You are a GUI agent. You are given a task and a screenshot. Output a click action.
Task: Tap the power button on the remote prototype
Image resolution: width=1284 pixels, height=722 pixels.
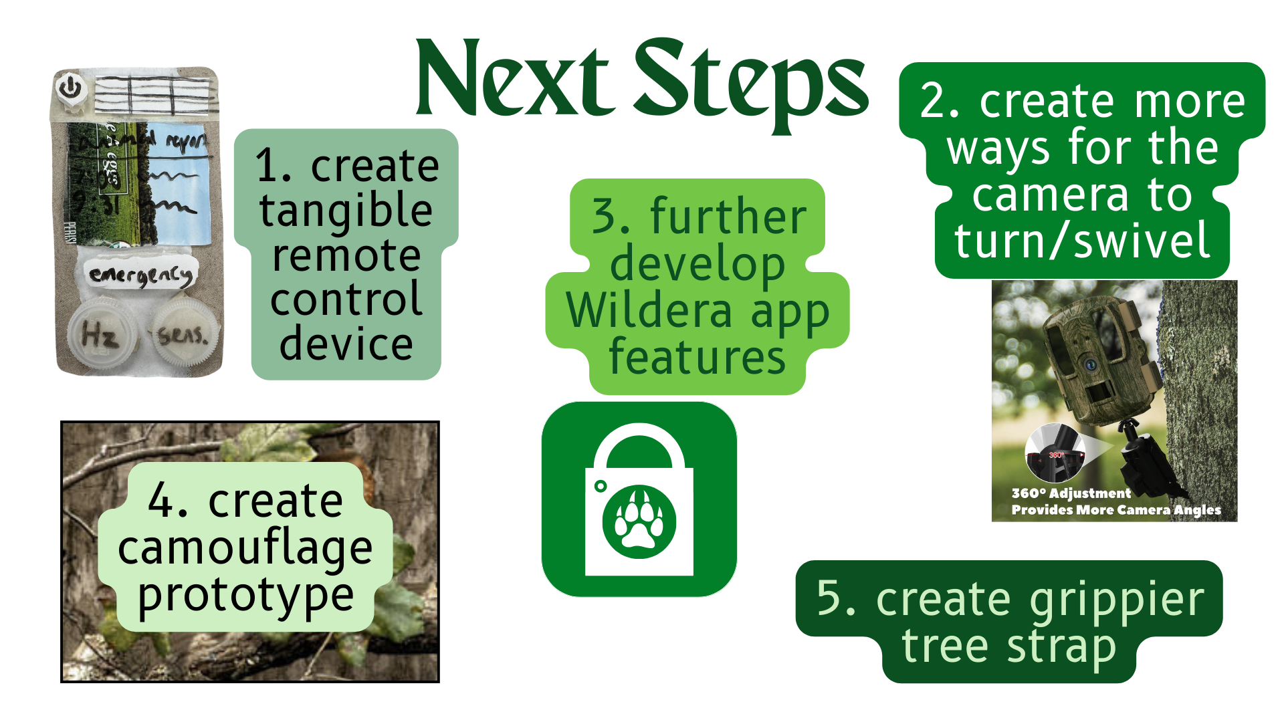(x=70, y=88)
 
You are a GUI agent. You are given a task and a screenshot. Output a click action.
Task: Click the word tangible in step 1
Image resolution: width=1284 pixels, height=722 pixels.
(x=346, y=211)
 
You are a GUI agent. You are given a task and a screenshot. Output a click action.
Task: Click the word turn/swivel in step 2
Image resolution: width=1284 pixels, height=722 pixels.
(x=1081, y=241)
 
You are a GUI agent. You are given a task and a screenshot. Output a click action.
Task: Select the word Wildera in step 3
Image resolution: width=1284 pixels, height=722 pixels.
(x=649, y=311)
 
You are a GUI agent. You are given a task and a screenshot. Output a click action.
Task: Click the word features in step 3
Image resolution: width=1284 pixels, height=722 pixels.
(x=697, y=358)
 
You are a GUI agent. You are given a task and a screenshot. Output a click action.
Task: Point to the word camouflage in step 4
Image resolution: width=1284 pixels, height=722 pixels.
(x=245, y=548)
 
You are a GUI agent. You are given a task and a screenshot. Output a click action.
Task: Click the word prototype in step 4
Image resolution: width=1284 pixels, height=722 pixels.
(x=245, y=595)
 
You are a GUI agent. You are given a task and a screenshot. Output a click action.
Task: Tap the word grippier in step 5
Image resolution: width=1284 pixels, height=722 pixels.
(x=1116, y=600)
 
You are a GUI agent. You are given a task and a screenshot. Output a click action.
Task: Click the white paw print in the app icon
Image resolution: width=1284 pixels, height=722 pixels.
(x=639, y=521)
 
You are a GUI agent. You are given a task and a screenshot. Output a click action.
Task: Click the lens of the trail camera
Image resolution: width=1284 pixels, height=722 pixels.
(x=1091, y=365)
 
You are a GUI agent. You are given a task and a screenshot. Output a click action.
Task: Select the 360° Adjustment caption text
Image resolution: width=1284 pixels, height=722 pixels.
(x=1071, y=493)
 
